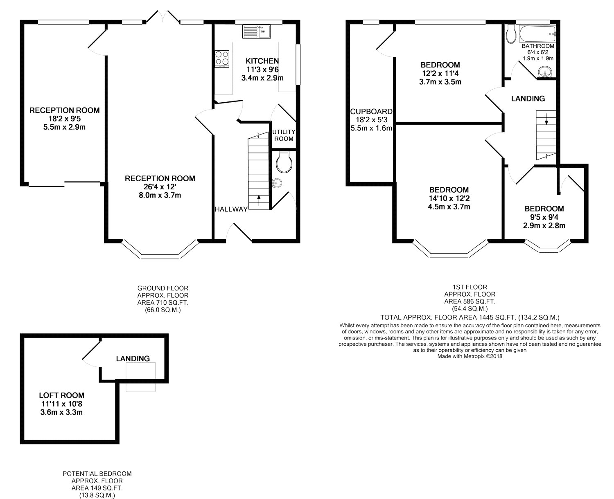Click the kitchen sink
pyautogui.click(x=256, y=31)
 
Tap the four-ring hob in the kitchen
pyautogui.click(x=222, y=59)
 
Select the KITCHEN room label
pyautogui.click(x=262, y=61)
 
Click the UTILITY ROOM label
pyautogui.click(x=284, y=135)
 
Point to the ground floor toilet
pyautogui.click(x=283, y=162)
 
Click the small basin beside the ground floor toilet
pyautogui.click(x=277, y=183)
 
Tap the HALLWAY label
pyautogui.click(x=231, y=209)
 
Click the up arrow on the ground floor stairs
pyautogui.click(x=259, y=201)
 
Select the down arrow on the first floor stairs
pyautogui.click(x=546, y=119)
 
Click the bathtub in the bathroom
pyautogui.click(x=537, y=34)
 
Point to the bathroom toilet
pyautogui.click(x=511, y=34)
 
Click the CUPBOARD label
pyautogui.click(x=371, y=111)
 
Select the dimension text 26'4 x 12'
pyautogui.click(x=160, y=187)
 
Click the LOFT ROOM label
pyautogui.click(x=62, y=396)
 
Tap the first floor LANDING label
pyautogui.click(x=528, y=99)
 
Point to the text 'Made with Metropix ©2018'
pyautogui.click(x=470, y=357)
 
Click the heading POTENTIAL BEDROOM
pyautogui.click(x=97, y=474)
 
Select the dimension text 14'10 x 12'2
pyautogui.click(x=449, y=198)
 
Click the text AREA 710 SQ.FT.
pyautogui.click(x=163, y=303)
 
